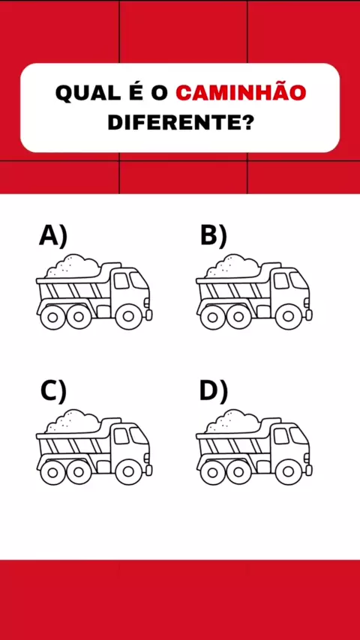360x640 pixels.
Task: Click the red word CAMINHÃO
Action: (x=241, y=92)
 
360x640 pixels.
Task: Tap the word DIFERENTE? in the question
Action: (x=180, y=121)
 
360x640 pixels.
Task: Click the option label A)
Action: (x=53, y=236)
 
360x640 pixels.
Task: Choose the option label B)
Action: (x=213, y=236)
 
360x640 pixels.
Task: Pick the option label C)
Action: (x=53, y=391)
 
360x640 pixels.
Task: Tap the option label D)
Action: (x=213, y=391)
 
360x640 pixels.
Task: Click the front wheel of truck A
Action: (x=128, y=316)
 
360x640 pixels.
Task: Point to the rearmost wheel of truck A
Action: (x=52, y=317)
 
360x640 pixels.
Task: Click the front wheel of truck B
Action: (x=288, y=316)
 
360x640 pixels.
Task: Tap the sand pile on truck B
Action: (x=232, y=266)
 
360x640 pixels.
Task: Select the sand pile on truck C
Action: (x=73, y=421)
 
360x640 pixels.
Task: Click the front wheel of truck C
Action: (x=128, y=472)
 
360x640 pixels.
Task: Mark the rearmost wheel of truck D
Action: (x=212, y=472)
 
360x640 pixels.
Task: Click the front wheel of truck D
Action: (x=288, y=472)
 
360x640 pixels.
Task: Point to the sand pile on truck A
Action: (x=73, y=266)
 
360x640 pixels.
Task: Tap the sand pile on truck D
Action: (x=232, y=421)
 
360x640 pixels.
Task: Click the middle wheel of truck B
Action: (x=238, y=317)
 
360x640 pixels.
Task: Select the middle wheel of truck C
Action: (x=79, y=472)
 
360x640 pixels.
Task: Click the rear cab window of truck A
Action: (x=121, y=281)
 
